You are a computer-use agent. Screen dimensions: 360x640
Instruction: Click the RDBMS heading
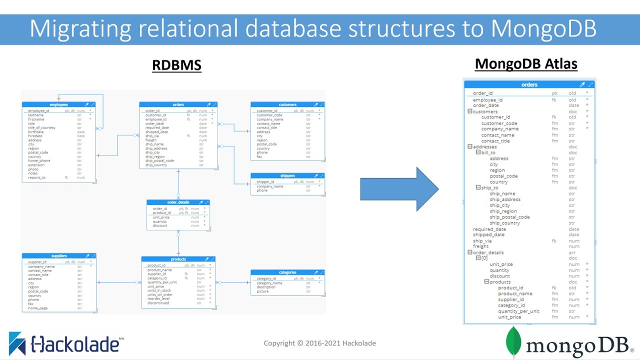[x=176, y=65]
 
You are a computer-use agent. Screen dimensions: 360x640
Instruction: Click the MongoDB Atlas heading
[x=525, y=64]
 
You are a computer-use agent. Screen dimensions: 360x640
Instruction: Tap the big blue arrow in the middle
[x=399, y=189]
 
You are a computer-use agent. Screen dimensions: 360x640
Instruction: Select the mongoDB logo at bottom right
[x=569, y=343]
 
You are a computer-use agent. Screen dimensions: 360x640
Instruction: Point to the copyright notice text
[x=319, y=343]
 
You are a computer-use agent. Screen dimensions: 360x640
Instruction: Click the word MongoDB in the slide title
[x=543, y=28]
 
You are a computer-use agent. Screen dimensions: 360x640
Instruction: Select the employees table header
[x=58, y=105]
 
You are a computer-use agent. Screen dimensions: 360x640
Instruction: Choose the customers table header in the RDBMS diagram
[x=287, y=105]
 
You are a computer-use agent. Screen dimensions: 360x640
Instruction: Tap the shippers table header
[x=287, y=176]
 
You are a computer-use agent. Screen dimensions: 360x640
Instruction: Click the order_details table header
[x=178, y=202]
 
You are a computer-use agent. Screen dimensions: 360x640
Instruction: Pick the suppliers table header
[x=58, y=256]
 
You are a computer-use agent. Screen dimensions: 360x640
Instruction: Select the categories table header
[x=287, y=272]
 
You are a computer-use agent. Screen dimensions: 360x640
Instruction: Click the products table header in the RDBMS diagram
[x=178, y=259]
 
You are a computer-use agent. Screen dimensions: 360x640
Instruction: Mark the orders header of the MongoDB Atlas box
[x=529, y=85]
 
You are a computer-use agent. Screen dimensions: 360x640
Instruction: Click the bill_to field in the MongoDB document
[x=487, y=152]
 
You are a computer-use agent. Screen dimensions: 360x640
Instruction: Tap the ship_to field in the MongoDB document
[x=489, y=188]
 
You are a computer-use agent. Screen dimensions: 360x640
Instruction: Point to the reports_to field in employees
[x=36, y=177]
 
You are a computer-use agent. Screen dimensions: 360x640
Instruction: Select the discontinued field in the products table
[x=158, y=303]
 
